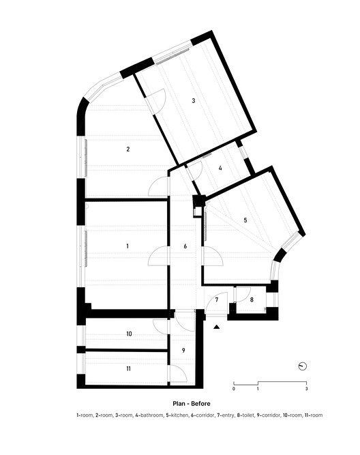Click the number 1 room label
click(x=127, y=245)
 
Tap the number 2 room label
click(x=127, y=149)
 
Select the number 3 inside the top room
click(x=194, y=101)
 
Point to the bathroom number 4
click(x=221, y=168)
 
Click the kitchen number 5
click(x=245, y=220)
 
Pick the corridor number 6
click(x=185, y=246)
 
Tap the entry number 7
click(x=216, y=299)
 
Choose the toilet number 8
click(x=251, y=299)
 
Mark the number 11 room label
click(x=128, y=368)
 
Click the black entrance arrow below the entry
click(x=217, y=328)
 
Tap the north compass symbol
click(x=303, y=366)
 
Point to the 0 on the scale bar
click(x=234, y=389)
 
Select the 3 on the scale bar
click(x=307, y=389)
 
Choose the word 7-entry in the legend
click(x=222, y=415)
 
